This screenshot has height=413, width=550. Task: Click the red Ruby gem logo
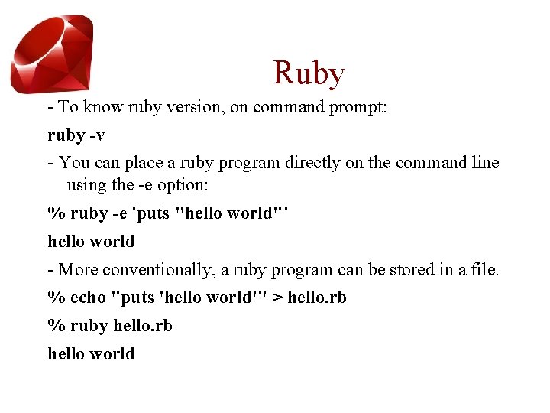click(52, 54)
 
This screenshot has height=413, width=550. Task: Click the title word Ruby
click(309, 73)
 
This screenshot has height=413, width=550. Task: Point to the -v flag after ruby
click(96, 135)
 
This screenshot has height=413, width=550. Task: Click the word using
click(87, 184)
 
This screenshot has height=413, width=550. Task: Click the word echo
click(88, 297)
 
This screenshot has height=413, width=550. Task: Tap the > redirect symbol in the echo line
click(276, 297)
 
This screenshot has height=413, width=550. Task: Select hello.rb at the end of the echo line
click(316, 297)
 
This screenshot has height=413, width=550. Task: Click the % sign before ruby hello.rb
click(56, 325)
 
